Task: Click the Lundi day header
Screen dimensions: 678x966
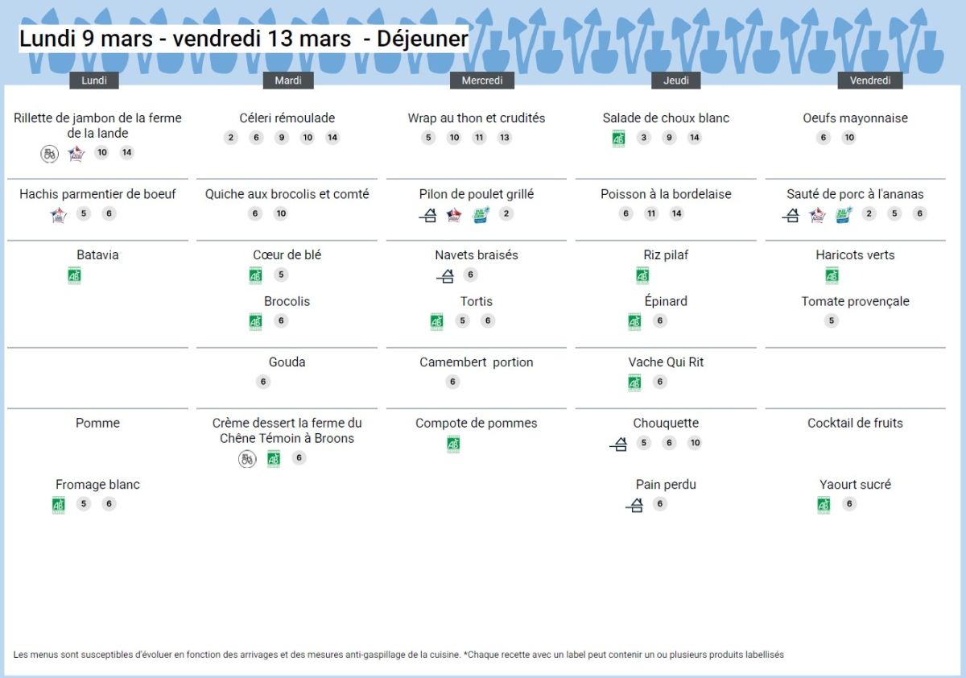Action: click(94, 81)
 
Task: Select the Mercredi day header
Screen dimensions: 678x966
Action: click(482, 81)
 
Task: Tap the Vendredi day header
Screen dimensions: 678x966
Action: click(870, 81)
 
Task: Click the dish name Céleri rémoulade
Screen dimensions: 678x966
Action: click(287, 118)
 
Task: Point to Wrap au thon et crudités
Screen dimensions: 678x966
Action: click(477, 118)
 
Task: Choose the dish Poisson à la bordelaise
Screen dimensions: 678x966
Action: click(666, 194)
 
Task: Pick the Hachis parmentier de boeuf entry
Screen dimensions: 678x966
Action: click(97, 194)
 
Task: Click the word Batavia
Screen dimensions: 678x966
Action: click(97, 255)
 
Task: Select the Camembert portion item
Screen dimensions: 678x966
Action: click(477, 362)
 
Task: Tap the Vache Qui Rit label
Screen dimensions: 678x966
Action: click(666, 362)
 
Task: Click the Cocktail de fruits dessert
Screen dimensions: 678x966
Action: click(855, 424)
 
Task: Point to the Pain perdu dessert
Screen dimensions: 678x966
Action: click(666, 485)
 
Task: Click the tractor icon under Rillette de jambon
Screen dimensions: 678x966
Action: click(50, 153)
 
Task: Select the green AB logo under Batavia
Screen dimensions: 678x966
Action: click(74, 275)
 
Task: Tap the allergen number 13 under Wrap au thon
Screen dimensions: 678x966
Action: click(505, 138)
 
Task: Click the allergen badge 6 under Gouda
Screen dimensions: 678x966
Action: click(263, 382)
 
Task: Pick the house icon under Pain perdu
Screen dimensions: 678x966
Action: click(634, 505)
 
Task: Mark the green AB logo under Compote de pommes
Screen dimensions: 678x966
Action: click(453, 444)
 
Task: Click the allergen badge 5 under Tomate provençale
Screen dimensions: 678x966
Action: click(832, 320)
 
